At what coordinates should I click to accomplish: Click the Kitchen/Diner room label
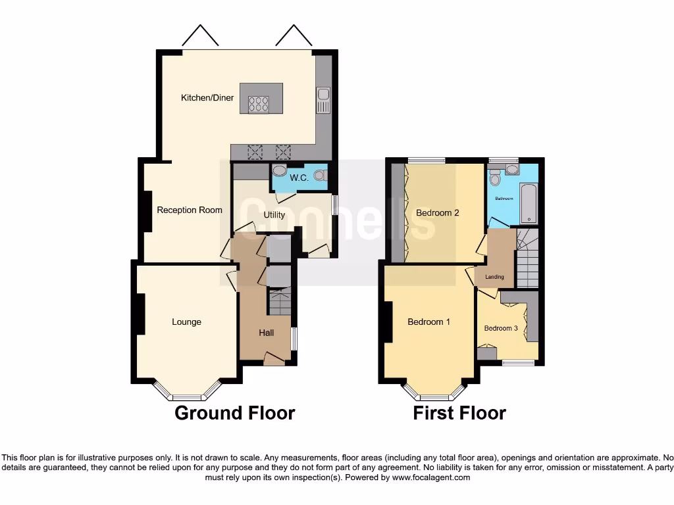pos(207,98)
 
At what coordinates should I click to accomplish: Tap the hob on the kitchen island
pos(257,104)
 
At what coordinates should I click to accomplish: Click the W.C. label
pos(299,178)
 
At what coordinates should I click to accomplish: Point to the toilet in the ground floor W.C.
pos(320,175)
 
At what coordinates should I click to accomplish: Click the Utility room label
pos(274,214)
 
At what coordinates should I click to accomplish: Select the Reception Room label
pos(189,210)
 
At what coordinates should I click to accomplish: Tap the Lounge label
pos(186,322)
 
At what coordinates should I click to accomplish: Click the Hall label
pos(266,333)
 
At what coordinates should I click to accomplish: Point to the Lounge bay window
pos(186,396)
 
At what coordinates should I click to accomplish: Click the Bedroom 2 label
pos(437,212)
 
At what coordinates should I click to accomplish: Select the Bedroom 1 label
pos(428,322)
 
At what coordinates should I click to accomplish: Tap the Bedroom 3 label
pos(501,328)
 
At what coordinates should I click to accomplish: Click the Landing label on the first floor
pos(494,277)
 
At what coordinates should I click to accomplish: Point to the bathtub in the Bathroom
pos(528,203)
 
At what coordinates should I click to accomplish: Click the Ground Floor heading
pos(234,413)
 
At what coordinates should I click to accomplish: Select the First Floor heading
pos(459,413)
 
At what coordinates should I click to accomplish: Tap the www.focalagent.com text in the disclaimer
pos(430,477)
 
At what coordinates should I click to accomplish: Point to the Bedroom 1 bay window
pos(434,396)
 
